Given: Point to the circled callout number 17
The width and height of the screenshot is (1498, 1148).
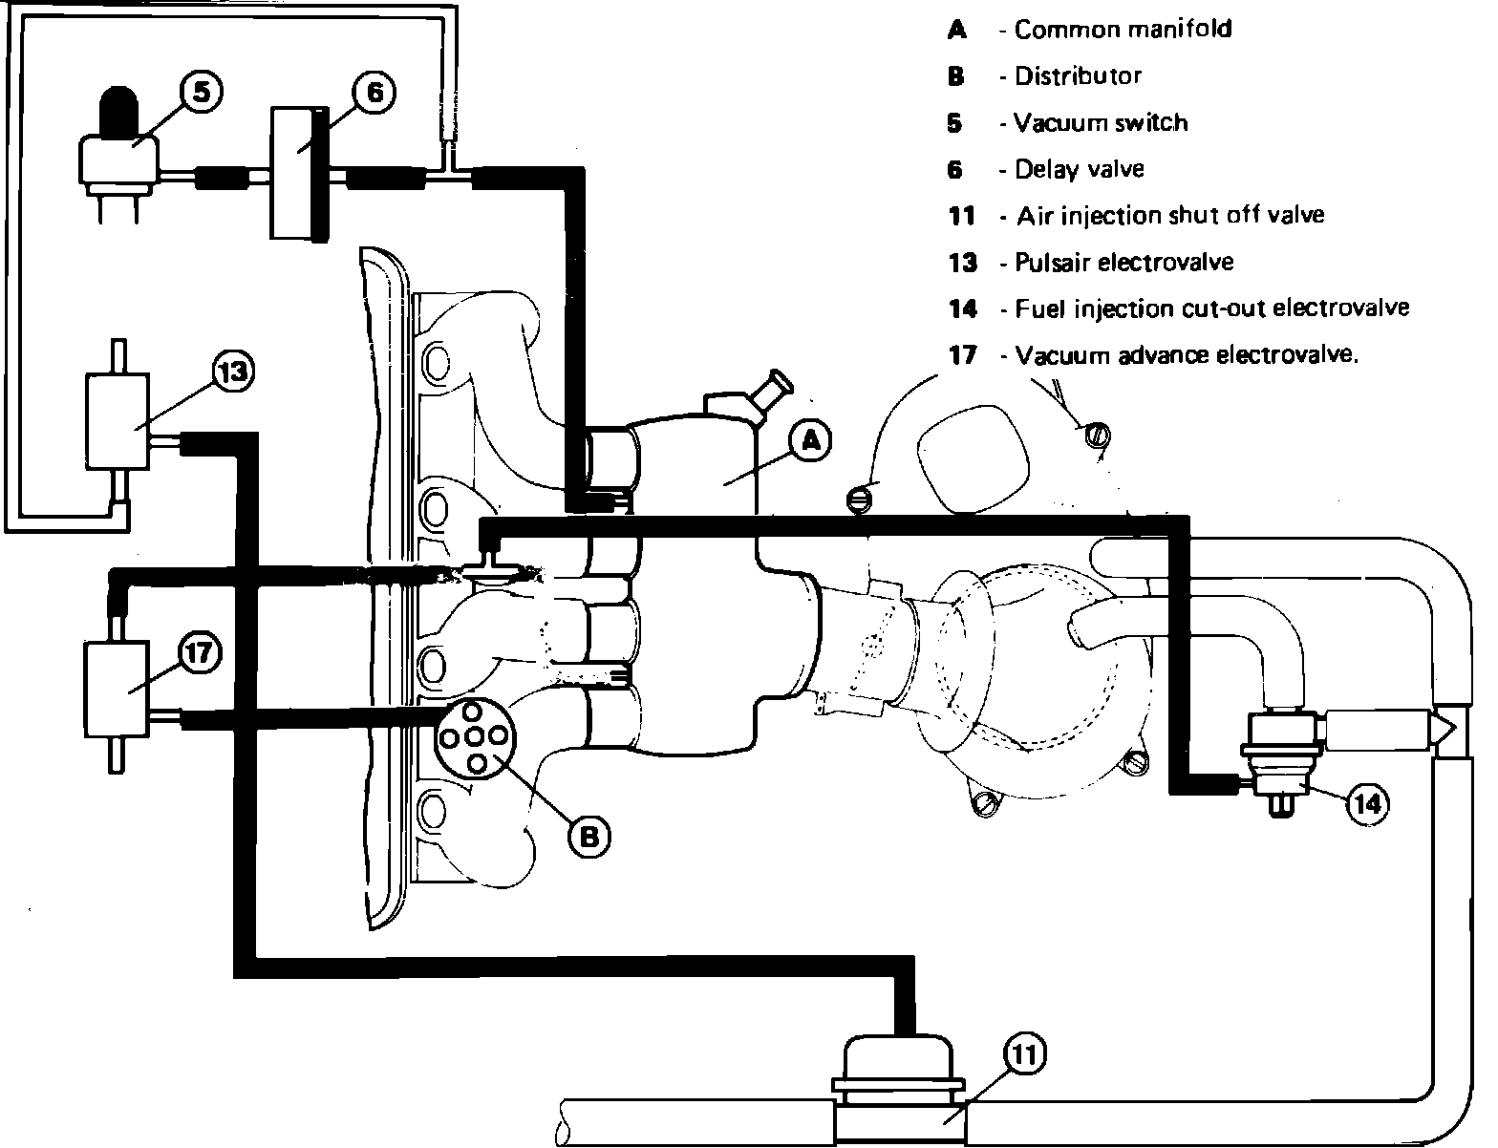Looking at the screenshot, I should coord(201,654).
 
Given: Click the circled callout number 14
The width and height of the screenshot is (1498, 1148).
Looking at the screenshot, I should coord(1366,804).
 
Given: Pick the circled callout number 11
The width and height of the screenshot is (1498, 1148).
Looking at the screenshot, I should coord(1024,1054).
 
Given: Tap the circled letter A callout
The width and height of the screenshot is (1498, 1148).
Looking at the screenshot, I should coord(810,440).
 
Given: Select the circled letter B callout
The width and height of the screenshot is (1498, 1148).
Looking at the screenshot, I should coord(589,837).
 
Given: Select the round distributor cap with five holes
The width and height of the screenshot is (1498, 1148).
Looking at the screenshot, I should coord(475,736).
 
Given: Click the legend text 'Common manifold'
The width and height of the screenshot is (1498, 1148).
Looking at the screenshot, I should coord(1123,30).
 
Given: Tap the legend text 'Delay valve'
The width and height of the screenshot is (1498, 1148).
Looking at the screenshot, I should coord(1079,170).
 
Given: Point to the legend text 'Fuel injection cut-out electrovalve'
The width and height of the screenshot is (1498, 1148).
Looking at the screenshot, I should coord(1211,309).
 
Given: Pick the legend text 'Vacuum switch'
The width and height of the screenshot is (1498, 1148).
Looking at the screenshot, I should coord(1101,123).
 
